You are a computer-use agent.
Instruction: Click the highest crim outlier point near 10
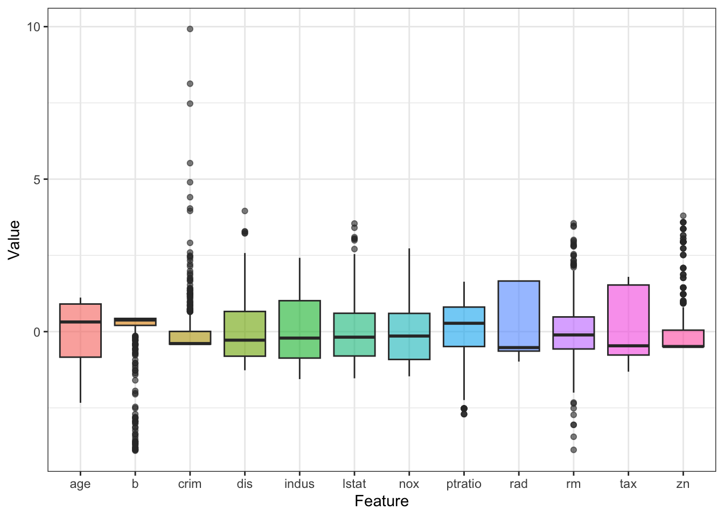190,29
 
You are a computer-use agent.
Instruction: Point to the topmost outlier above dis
245,211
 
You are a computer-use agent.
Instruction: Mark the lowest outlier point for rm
574,450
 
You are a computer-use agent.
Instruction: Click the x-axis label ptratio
464,484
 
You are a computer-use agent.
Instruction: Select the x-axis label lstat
354,484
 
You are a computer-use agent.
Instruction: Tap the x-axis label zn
683,484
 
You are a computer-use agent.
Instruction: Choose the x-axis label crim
190,484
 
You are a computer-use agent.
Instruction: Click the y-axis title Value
14,240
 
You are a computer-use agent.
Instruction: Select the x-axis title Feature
381,501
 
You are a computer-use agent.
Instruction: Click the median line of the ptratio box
464,323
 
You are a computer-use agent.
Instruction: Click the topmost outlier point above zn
683,216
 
